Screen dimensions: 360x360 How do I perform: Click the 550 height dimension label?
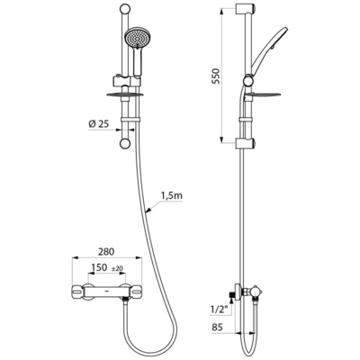pos(217,77)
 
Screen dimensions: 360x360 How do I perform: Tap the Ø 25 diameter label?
pos(99,124)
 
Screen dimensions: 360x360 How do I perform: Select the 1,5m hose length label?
pos(172,196)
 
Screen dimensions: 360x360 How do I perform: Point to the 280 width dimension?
pos(106,251)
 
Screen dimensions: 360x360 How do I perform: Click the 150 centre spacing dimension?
pos(99,267)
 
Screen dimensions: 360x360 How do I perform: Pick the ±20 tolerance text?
pos(118,268)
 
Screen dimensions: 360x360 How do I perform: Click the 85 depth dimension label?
pos(217,327)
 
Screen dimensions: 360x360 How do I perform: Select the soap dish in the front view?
pos(124,95)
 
